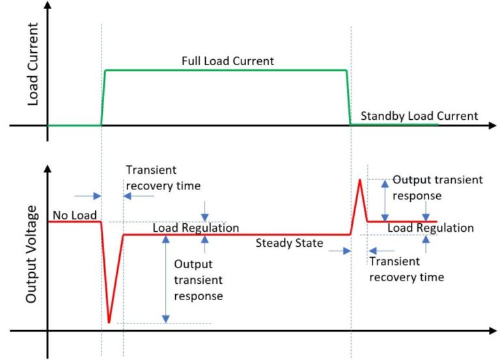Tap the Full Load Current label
click(x=227, y=61)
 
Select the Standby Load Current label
click(x=419, y=116)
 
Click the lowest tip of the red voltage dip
click(x=109, y=322)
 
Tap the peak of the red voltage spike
click(x=359, y=180)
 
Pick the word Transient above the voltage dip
click(x=151, y=171)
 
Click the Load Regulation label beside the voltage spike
click(x=430, y=228)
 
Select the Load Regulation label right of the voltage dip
click(x=195, y=228)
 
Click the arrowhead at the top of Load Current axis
click(x=48, y=6)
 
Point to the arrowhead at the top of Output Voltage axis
click(x=48, y=168)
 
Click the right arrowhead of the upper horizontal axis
click(x=493, y=125)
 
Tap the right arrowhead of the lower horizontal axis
click(x=493, y=331)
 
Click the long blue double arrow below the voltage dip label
click(x=166, y=279)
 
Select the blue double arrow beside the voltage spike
click(x=385, y=199)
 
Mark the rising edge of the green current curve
click(x=103, y=96)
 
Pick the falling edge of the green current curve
click(x=348, y=96)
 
